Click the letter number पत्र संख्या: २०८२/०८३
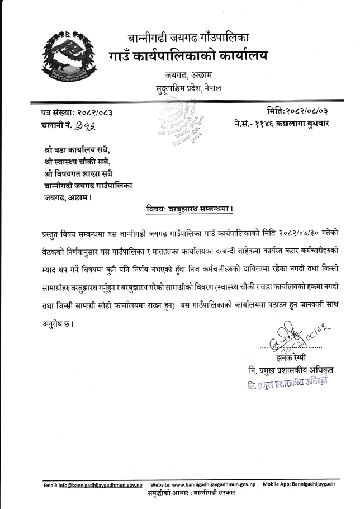click(x=78, y=113)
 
